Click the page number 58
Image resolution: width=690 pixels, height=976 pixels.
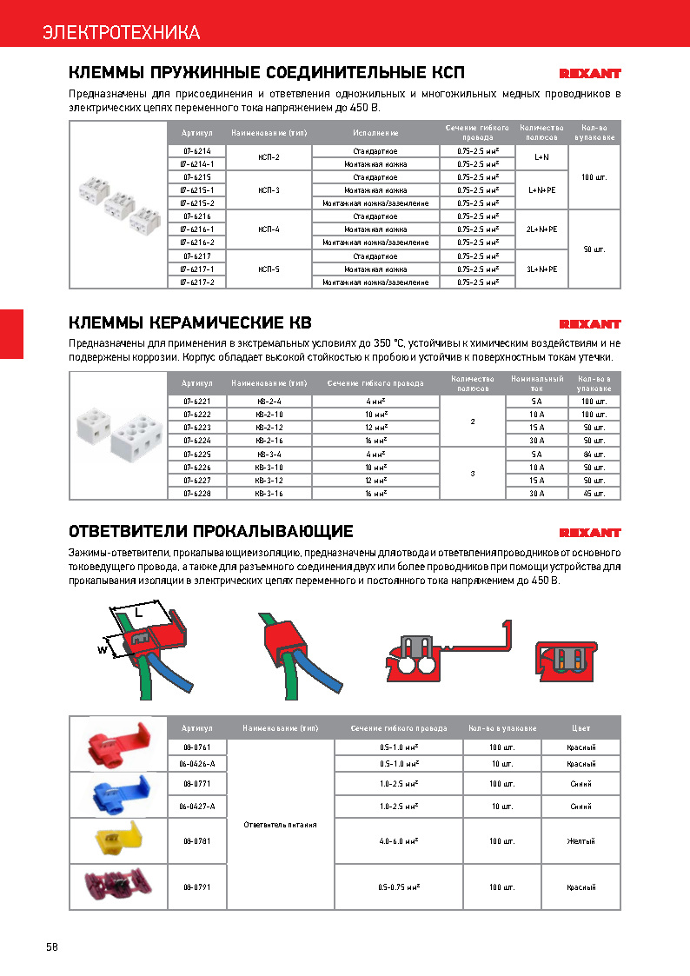pos(52,946)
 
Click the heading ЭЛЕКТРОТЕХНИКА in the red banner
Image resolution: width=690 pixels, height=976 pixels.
pos(122,33)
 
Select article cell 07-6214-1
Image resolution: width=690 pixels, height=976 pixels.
pos(197,163)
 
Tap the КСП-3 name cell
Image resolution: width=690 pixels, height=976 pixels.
pos(269,189)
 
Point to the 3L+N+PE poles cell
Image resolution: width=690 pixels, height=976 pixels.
pos(541,269)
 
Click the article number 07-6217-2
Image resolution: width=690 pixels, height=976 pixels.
pos(197,282)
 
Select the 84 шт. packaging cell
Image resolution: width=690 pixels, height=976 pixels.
pos(594,455)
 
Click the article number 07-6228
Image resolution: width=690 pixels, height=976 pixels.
pos(197,493)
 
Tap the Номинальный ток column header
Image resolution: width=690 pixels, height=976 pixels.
pos(537,383)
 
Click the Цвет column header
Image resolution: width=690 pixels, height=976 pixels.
pos(581,727)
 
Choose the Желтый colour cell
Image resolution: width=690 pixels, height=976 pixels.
pos(581,841)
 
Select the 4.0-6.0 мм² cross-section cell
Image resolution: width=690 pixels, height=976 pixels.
pos(399,841)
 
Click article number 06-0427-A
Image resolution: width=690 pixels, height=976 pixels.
pos(197,807)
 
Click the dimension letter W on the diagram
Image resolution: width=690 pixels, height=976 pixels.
pos(103,648)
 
